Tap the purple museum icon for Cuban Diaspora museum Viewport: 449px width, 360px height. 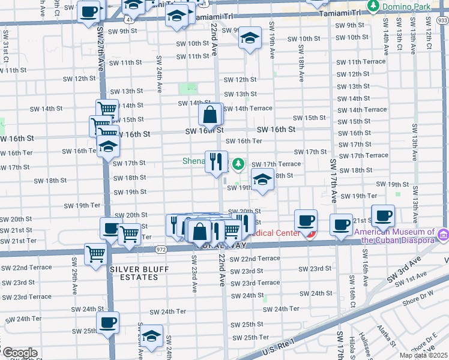pos(443,233)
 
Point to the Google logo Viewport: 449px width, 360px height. pos(19,353)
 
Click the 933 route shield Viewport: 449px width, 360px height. pos(442,20)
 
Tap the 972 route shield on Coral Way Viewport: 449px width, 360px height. pos(161,248)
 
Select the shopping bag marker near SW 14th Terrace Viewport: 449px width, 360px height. pos(211,113)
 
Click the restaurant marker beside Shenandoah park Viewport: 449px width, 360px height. pos(216,161)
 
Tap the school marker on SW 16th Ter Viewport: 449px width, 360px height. pos(107,146)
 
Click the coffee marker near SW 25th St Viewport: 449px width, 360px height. pos(108,322)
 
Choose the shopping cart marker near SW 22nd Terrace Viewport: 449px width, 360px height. pos(95,254)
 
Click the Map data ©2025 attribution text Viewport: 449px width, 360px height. pos(423,355)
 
